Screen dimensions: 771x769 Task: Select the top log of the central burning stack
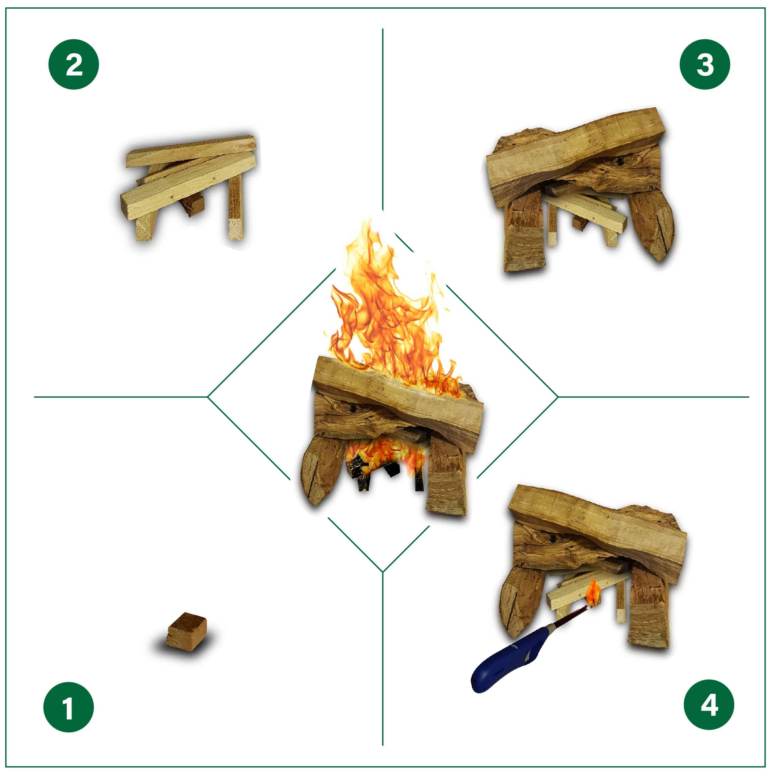point(399,395)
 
